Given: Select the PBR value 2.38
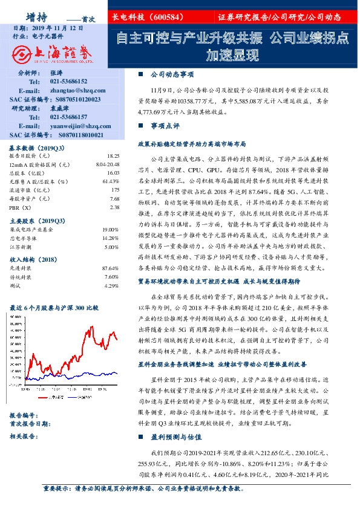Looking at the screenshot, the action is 114,207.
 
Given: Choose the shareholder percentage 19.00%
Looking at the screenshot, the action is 111,230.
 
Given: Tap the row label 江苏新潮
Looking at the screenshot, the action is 21,247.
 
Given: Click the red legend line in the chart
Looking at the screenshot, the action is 43,398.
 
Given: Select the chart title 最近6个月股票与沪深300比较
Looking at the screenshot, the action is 53,308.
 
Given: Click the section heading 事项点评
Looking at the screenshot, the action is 165,126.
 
